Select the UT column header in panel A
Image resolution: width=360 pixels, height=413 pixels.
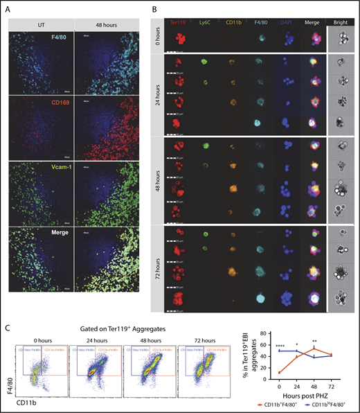click(42, 21)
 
